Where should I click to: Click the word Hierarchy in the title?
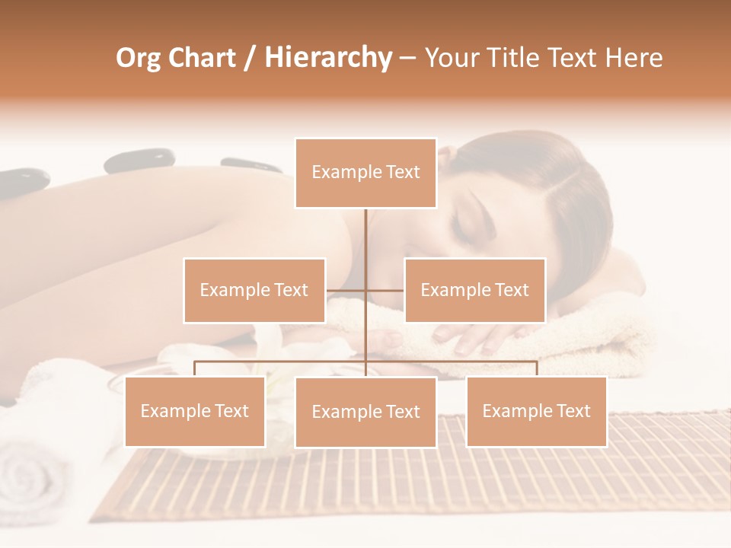[327, 58]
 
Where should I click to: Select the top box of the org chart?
[365, 173]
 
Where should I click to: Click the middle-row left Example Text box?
[254, 290]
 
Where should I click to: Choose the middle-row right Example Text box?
[474, 290]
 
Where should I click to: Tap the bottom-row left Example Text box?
[194, 411]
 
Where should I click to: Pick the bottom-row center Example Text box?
[365, 412]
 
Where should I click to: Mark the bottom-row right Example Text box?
[536, 411]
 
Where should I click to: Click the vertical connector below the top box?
[365, 244]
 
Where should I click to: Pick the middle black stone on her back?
[139, 160]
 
